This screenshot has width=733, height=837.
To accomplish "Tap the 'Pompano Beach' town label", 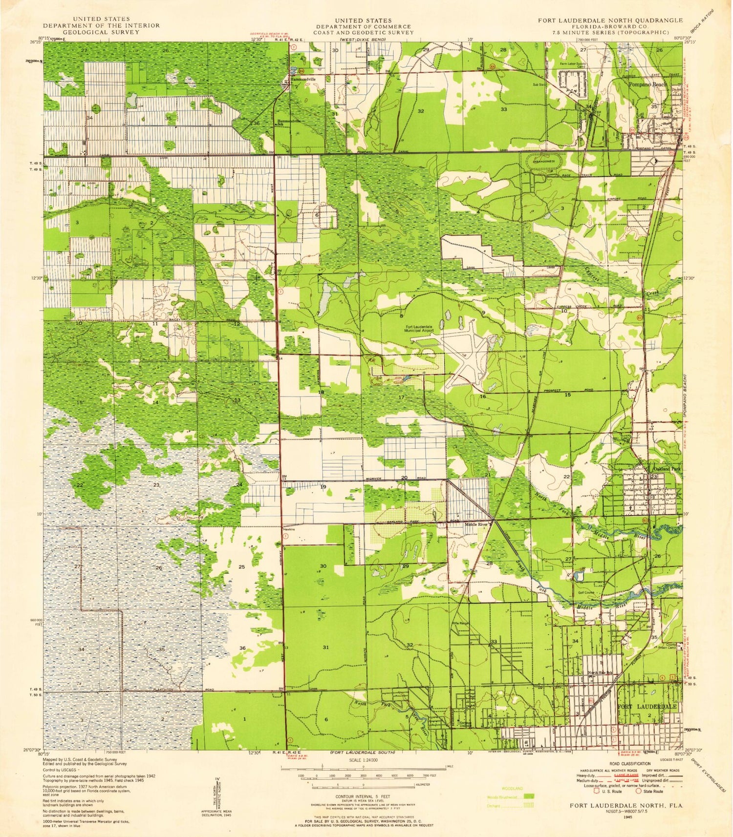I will (x=647, y=84).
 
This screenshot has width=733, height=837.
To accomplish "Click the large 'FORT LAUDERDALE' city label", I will (x=647, y=707).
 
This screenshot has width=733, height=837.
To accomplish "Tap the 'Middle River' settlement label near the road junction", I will (x=476, y=524).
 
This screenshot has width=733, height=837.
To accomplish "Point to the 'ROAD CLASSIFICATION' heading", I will (x=630, y=764).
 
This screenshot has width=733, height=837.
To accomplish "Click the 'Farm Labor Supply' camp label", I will (x=573, y=63).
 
